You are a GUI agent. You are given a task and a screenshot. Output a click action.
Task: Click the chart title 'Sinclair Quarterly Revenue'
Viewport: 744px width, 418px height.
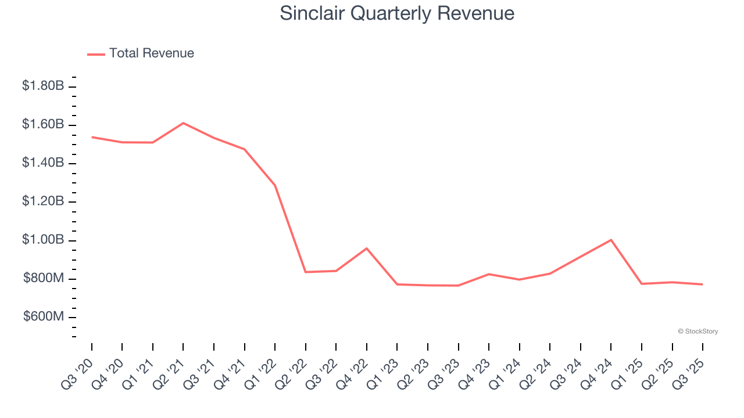coord(397,13)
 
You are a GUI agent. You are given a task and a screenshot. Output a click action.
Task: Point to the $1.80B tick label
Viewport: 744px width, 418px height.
coord(43,86)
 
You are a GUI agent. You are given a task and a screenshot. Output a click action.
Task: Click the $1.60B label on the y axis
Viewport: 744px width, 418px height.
coord(43,124)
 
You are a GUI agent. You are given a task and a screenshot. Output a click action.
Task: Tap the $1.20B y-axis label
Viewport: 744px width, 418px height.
coord(43,201)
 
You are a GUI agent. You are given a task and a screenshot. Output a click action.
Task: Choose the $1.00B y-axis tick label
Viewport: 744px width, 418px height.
coord(43,240)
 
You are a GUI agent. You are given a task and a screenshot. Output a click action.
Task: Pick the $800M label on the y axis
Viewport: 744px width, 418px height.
coord(44,279)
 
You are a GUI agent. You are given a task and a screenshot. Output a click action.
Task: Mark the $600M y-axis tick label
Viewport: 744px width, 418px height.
coord(44,317)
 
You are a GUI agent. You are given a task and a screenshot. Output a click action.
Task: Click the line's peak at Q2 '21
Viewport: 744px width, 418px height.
coord(183,123)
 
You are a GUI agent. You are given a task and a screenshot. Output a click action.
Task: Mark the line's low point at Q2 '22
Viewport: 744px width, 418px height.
coord(306,272)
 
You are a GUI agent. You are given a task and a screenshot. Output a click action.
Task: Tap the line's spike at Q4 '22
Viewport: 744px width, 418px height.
coord(367,248)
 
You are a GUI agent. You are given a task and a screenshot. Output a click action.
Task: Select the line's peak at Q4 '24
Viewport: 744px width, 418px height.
coord(611,240)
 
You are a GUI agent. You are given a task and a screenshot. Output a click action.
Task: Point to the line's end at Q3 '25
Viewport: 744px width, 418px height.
coord(703,284)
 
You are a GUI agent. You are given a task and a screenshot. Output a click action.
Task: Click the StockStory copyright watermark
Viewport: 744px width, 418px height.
coord(697,331)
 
